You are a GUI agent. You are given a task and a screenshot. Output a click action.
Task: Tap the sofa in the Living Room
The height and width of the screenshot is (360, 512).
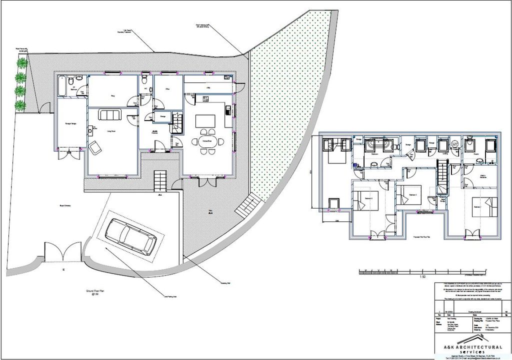109,114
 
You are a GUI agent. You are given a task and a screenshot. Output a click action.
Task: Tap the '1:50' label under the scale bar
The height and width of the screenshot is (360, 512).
422,277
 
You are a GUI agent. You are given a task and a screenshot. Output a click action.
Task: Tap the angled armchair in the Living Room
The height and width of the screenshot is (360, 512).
94,145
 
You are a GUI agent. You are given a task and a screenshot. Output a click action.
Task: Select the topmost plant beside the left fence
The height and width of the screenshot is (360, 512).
21,63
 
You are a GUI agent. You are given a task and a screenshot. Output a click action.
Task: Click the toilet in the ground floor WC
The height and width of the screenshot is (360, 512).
144,79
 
